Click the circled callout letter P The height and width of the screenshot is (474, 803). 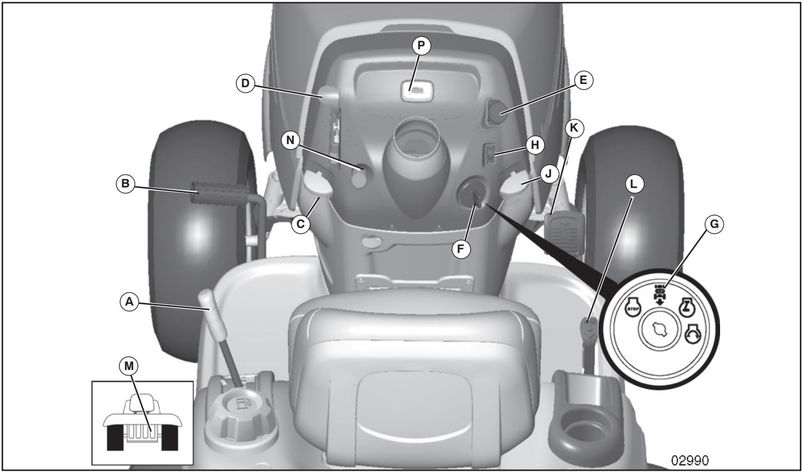(421, 46)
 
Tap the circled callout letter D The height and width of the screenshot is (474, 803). (245, 83)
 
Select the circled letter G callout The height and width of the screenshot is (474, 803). (714, 224)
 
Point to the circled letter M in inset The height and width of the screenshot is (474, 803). (129, 367)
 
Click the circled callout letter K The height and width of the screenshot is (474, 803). (574, 128)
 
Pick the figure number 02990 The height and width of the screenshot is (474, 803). (689, 460)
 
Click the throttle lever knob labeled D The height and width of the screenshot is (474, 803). (329, 96)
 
